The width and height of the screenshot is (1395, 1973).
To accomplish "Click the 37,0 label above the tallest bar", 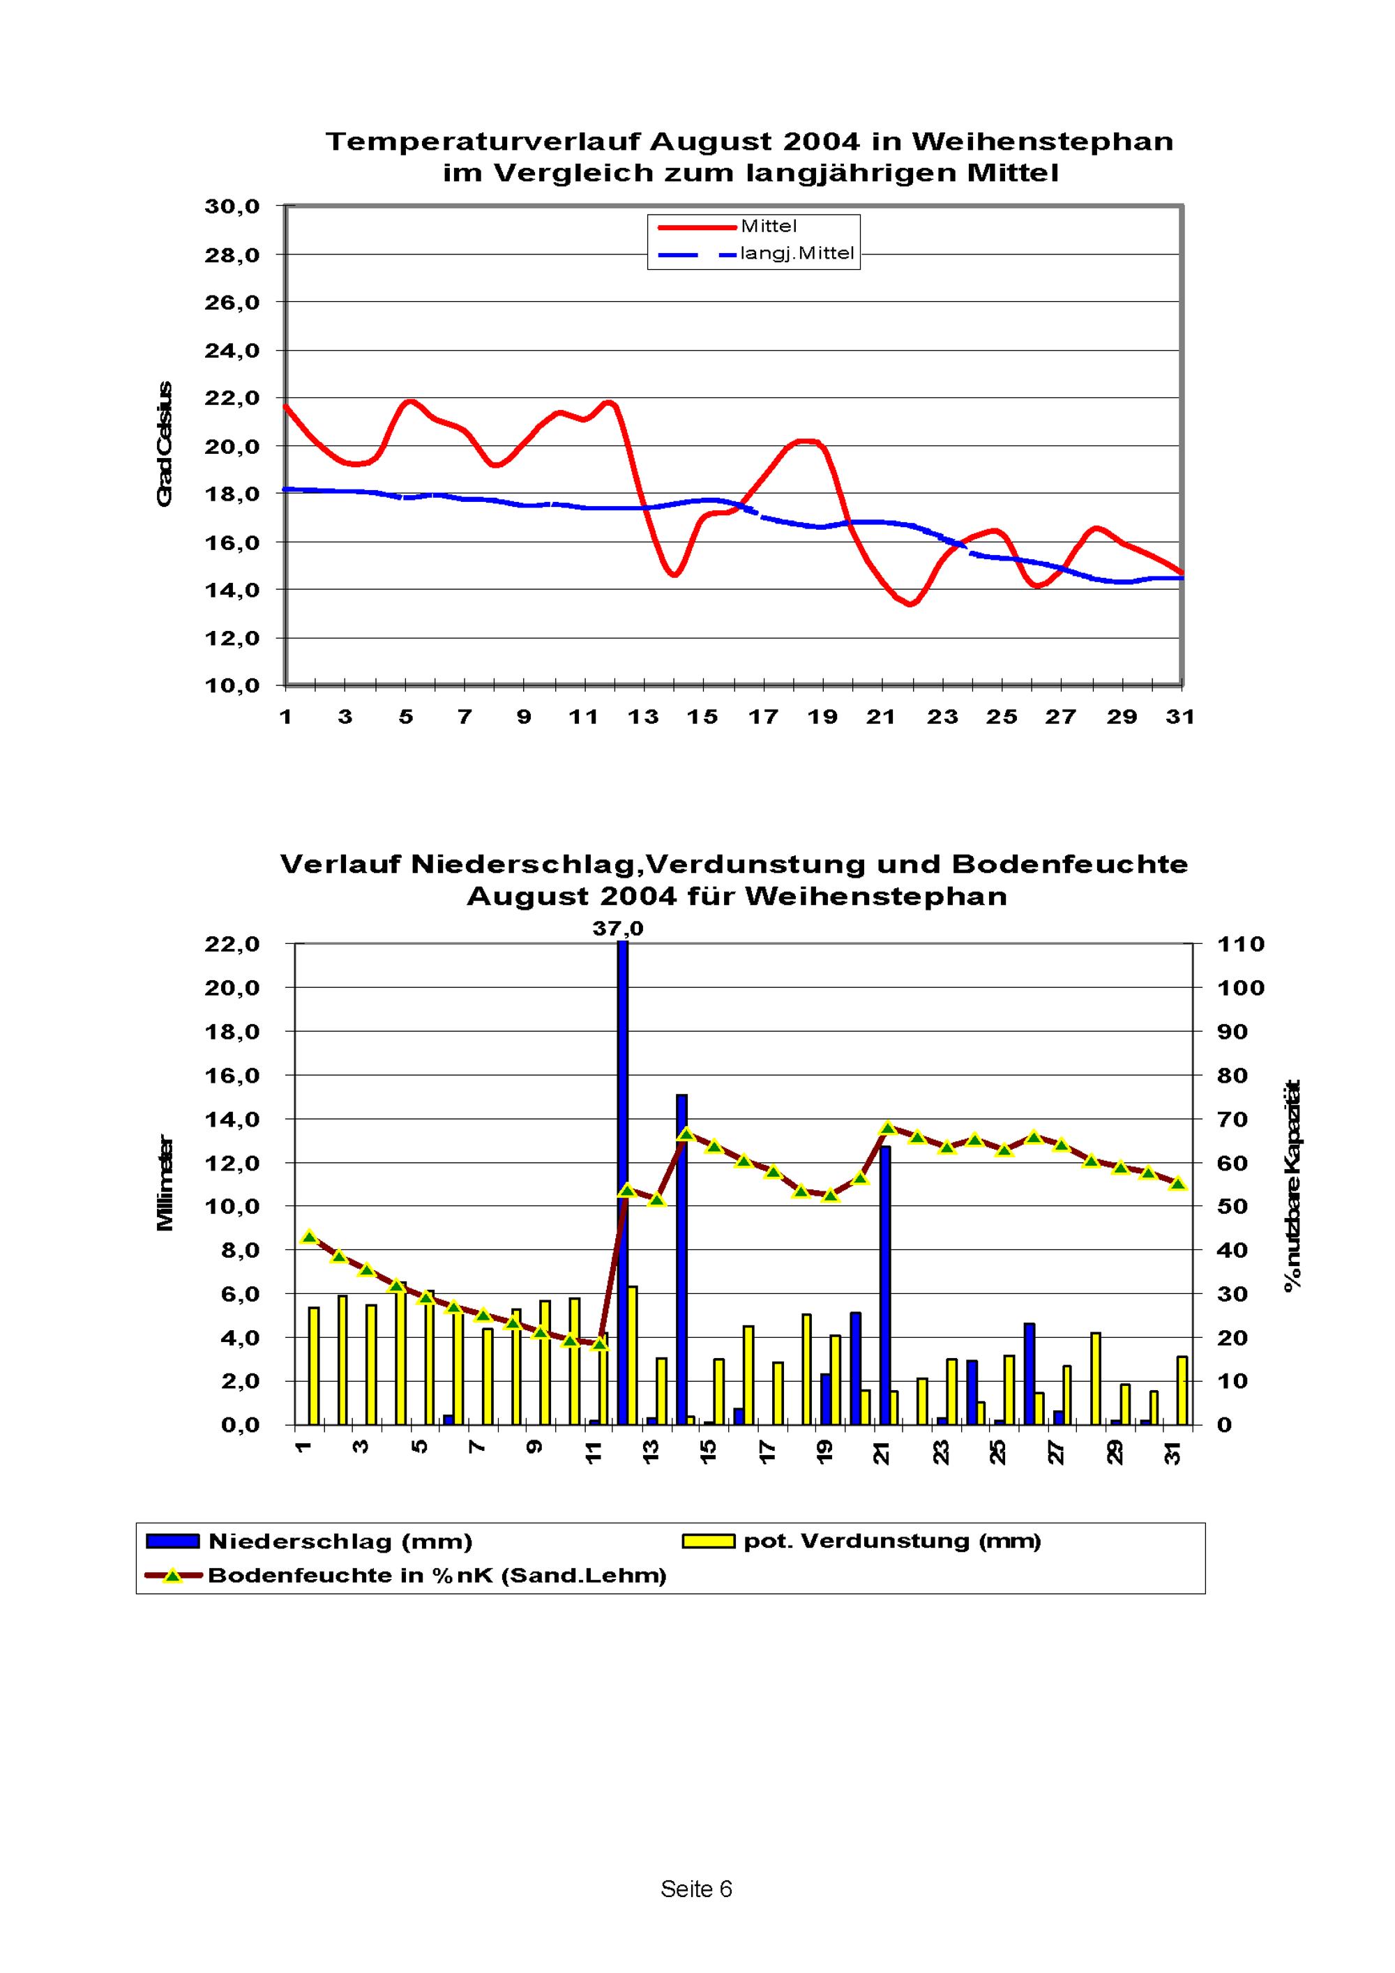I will [x=618, y=929].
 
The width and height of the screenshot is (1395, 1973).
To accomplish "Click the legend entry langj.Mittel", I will [x=797, y=254].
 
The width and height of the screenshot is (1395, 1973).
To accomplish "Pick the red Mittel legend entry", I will [x=769, y=226].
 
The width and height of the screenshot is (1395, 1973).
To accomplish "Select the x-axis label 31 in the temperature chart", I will [x=1180, y=717].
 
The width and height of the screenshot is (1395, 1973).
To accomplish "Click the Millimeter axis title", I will [x=165, y=1182].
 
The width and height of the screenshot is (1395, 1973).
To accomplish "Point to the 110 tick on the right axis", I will [x=1240, y=945].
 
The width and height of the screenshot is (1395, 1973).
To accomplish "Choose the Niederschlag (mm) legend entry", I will [x=340, y=1541].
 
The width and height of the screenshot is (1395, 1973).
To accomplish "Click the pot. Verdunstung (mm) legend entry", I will [x=892, y=1541].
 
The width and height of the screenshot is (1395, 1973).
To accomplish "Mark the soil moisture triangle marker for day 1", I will [x=310, y=1237].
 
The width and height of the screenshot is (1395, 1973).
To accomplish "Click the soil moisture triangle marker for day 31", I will [x=1178, y=1183].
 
